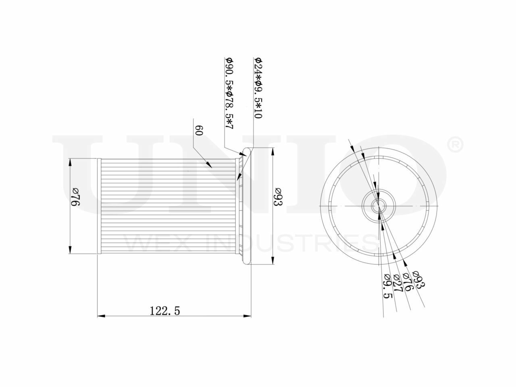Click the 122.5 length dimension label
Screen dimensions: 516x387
point(164,311)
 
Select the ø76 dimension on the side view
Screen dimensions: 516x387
point(76,197)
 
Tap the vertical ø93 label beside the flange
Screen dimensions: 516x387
point(278,197)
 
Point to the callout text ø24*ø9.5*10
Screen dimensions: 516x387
point(258,88)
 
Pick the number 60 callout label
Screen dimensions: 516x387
point(199,130)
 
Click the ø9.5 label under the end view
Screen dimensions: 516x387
point(387,286)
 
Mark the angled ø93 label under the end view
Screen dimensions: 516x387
point(419,279)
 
